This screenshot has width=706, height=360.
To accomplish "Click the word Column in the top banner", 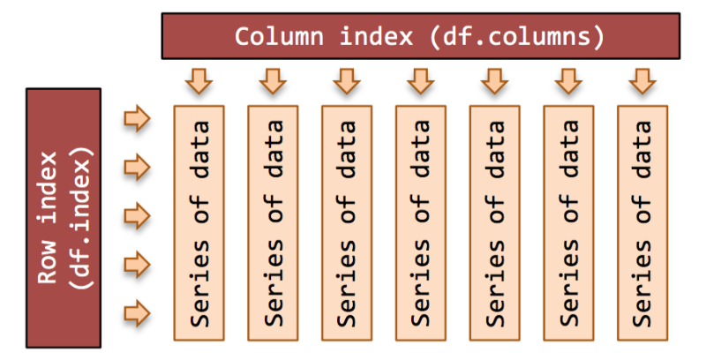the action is [279, 36].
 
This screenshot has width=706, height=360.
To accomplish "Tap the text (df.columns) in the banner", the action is [517, 36].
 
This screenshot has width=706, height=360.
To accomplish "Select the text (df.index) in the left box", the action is [82, 217].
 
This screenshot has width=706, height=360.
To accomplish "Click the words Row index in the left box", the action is [48, 217].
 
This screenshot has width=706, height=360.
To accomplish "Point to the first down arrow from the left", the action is [199, 81].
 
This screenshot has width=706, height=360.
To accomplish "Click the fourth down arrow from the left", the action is [421, 81].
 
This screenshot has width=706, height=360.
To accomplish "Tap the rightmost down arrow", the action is [642, 81].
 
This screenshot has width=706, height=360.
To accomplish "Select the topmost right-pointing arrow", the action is [138, 119].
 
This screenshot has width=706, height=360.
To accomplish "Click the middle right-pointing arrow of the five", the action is [138, 216].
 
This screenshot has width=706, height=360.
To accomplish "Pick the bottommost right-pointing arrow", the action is [138, 313].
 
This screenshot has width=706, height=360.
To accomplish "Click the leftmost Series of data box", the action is [199, 223].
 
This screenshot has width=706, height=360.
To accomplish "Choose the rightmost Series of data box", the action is [642, 223].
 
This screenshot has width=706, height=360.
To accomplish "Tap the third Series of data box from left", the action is [347, 223].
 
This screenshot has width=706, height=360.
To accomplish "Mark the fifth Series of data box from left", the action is [495, 223].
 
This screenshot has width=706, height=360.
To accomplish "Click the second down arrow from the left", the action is [273, 81].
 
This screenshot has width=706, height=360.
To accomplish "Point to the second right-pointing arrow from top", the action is [138, 168].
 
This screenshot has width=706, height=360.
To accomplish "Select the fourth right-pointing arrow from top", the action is [138, 265].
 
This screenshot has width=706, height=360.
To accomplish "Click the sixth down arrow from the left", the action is [568, 81].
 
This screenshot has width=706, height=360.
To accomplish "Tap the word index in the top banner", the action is [376, 36].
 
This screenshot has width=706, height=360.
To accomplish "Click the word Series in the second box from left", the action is [274, 282].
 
